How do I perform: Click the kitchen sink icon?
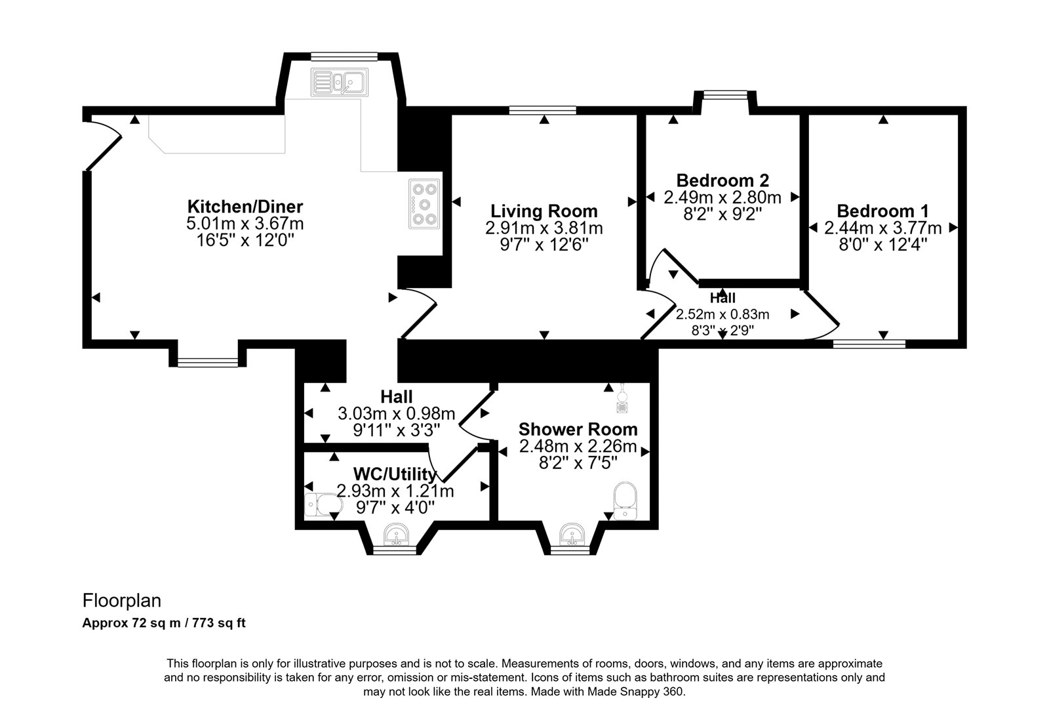click(340, 83)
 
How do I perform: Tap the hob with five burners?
click(424, 204)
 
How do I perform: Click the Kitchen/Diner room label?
click(245, 206)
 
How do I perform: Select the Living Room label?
click(544, 211)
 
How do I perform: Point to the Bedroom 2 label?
click(722, 180)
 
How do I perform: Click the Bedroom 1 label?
click(882, 211)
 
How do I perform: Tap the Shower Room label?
click(578, 429)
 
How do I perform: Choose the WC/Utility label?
click(395, 474)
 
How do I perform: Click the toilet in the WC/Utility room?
click(324, 506)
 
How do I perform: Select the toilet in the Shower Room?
click(625, 501)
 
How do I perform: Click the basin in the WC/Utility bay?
click(396, 535)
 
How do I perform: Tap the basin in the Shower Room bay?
click(572, 535)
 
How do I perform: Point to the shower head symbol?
click(622, 398)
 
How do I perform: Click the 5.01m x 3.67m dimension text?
click(245, 224)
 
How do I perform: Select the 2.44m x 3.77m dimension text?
click(882, 228)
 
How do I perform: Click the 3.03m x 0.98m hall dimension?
click(396, 413)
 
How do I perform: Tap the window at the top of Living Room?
click(543, 111)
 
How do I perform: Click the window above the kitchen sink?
click(344, 56)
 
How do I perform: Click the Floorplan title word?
click(122, 600)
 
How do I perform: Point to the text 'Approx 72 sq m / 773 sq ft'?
click(164, 623)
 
